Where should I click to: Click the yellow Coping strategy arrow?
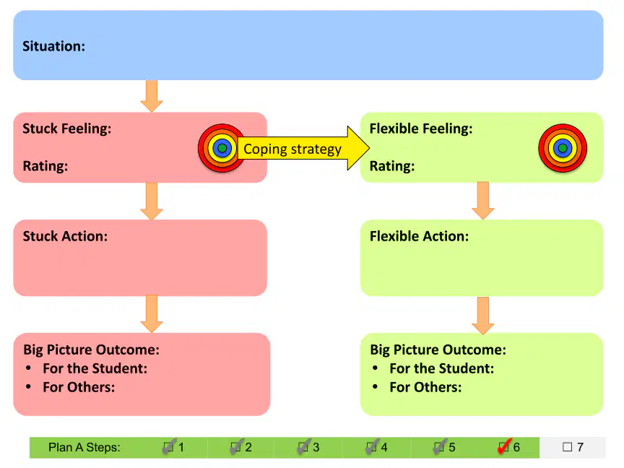(303, 149)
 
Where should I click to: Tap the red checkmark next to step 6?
(504, 446)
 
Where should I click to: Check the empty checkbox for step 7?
(567, 447)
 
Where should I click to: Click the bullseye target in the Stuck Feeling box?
(222, 148)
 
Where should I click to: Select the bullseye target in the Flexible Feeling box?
(563, 148)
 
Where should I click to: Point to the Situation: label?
(53, 46)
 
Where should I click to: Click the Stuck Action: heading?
(65, 236)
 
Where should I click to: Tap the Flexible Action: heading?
(419, 236)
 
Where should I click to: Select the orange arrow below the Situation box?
(152, 96)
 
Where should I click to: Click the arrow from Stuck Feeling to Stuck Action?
(152, 201)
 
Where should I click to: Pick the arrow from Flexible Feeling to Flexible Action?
(482, 201)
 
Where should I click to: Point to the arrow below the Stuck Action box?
(152, 314)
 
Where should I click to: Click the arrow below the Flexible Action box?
(482, 315)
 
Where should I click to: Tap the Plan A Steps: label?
(84, 447)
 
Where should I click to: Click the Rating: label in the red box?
(45, 165)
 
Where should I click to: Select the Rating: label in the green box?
(392, 165)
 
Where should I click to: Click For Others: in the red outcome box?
(79, 387)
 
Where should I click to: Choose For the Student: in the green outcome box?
(442, 368)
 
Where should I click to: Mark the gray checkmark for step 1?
(169, 446)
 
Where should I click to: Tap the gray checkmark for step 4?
(372, 446)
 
